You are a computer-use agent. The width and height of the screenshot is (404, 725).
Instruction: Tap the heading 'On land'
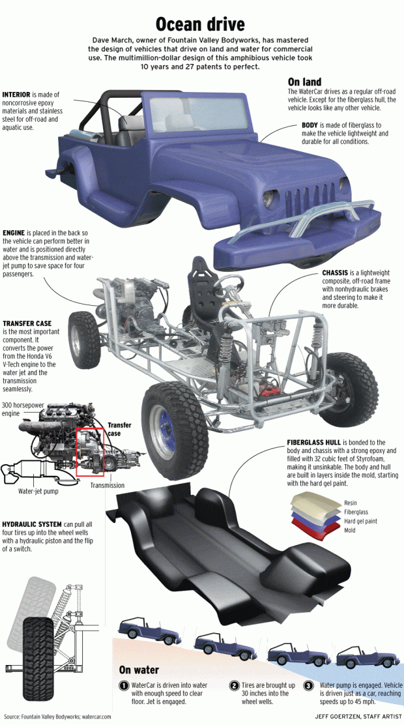304,82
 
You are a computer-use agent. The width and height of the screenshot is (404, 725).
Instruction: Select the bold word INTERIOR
16,95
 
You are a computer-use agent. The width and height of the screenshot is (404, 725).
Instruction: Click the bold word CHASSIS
335,273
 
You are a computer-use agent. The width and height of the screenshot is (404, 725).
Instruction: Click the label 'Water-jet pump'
38,491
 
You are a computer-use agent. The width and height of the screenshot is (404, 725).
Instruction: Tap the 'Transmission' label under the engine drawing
108,485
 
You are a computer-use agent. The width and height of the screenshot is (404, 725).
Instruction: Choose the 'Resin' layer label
351,503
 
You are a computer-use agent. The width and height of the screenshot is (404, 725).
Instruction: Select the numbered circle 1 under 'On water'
124,685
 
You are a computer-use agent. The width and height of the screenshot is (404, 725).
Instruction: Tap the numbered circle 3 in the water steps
308,685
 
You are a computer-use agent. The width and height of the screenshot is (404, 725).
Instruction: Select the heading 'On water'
139,670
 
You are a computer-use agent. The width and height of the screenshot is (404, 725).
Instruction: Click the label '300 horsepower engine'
23,409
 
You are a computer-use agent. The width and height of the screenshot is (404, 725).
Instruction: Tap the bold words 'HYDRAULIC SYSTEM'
32,524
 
